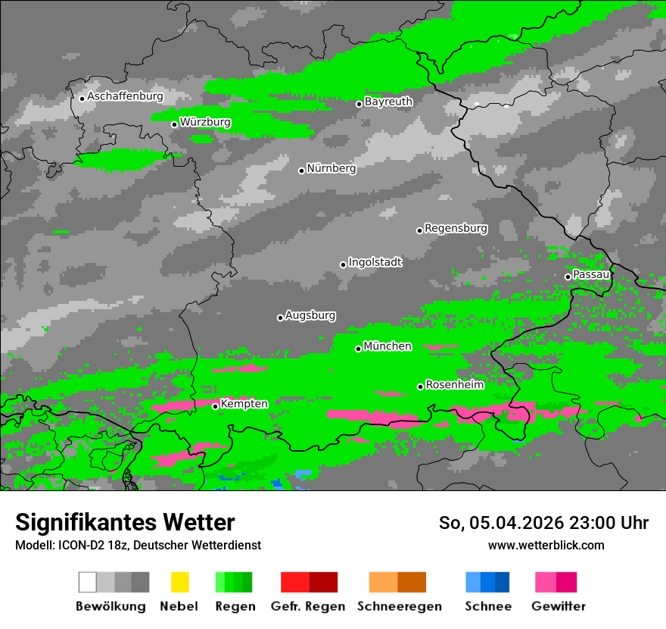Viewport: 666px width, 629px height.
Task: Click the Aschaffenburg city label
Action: (x=125, y=96)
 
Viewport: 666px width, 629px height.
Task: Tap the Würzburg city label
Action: (x=205, y=122)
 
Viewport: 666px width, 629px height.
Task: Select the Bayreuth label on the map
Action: (x=388, y=102)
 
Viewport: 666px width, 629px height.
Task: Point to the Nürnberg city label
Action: (x=331, y=168)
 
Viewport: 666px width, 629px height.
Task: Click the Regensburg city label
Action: (x=456, y=228)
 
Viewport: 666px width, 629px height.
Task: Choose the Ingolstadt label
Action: (x=375, y=262)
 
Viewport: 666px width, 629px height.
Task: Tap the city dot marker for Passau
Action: (x=568, y=277)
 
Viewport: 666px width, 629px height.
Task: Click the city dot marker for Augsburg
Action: (x=280, y=318)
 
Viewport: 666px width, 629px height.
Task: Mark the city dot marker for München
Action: (x=358, y=349)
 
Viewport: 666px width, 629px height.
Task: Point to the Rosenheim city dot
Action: (x=420, y=386)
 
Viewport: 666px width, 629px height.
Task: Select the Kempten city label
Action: (x=244, y=404)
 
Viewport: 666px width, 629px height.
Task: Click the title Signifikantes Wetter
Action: (x=125, y=522)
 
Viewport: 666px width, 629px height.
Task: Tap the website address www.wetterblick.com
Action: (x=546, y=545)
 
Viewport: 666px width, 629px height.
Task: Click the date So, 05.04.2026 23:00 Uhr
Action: (x=543, y=523)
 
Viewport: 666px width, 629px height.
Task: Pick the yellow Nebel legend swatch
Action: (x=179, y=582)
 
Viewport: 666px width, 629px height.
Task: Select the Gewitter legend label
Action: (x=559, y=606)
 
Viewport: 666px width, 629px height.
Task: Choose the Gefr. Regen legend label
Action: (x=307, y=606)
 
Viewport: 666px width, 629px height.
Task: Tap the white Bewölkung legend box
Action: (x=87, y=582)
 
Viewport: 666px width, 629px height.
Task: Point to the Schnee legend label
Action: (x=487, y=606)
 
